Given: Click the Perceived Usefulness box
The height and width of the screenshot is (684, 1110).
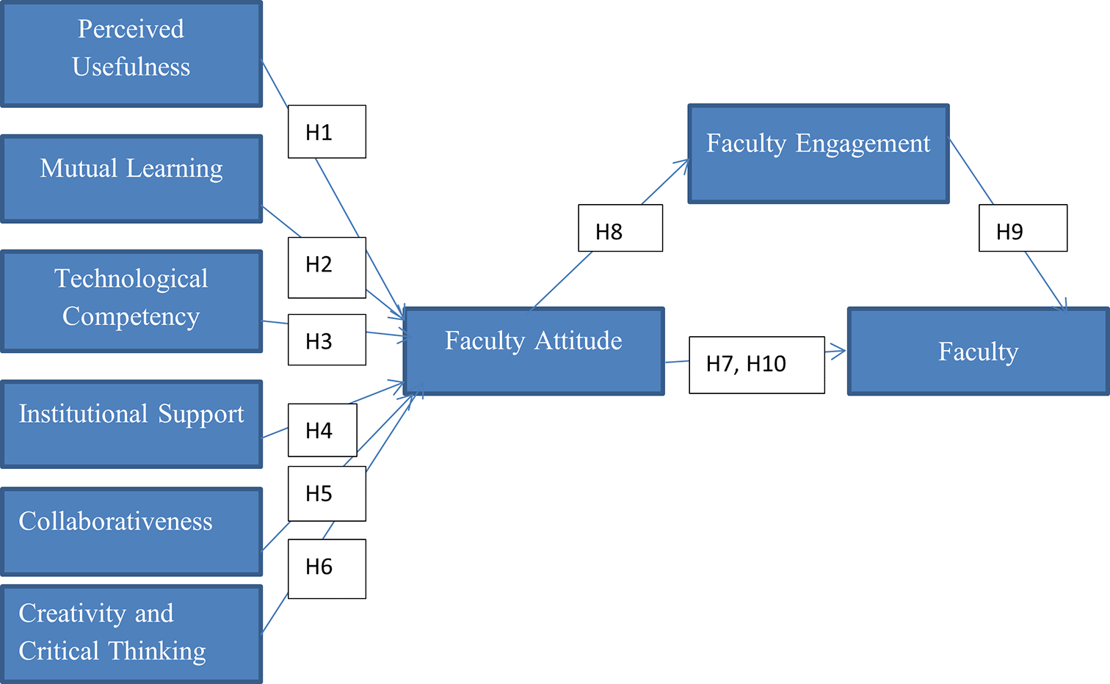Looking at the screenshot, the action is pos(131,54).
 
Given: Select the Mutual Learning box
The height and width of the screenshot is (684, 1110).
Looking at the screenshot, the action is pos(131,179).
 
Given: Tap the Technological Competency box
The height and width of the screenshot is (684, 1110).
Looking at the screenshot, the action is pos(131,301).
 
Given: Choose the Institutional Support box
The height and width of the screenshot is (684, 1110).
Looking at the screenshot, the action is pos(131,424).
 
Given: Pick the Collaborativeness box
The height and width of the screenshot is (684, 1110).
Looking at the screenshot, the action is pos(131,531).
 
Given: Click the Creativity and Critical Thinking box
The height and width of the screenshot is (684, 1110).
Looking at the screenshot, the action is pos(131,634).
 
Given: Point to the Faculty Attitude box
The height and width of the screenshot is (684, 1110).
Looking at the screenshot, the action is pos(534,351).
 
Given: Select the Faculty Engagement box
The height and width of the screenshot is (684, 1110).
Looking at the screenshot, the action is pos(819,153).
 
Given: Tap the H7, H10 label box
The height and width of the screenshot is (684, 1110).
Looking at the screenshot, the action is pos(757,365).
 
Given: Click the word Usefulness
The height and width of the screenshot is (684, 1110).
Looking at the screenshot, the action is pos(131,67).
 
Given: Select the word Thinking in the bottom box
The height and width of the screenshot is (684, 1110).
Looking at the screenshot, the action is pos(157,650).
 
